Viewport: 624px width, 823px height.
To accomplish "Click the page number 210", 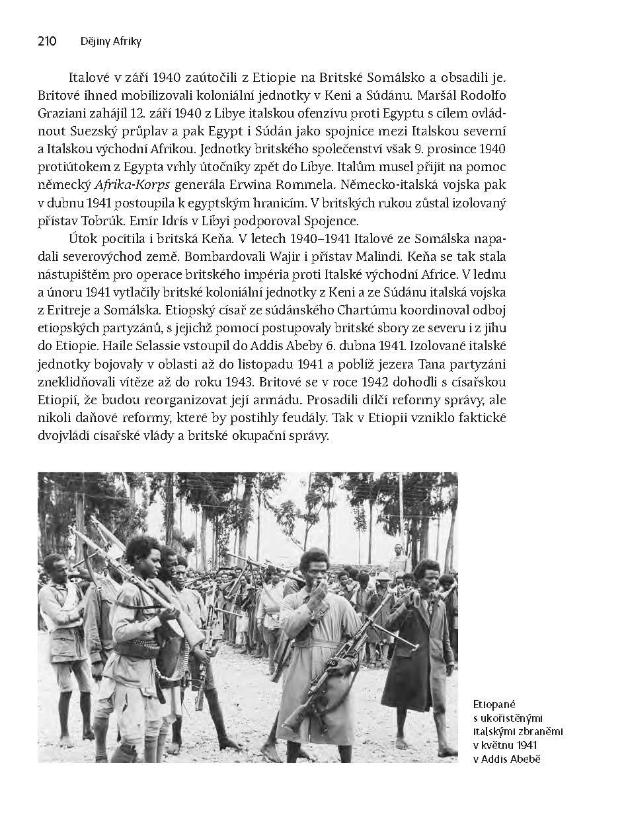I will tap(47, 42).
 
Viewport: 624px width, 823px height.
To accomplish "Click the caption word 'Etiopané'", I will tap(493, 705).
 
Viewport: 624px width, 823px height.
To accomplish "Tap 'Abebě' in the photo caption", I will tap(526, 758).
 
